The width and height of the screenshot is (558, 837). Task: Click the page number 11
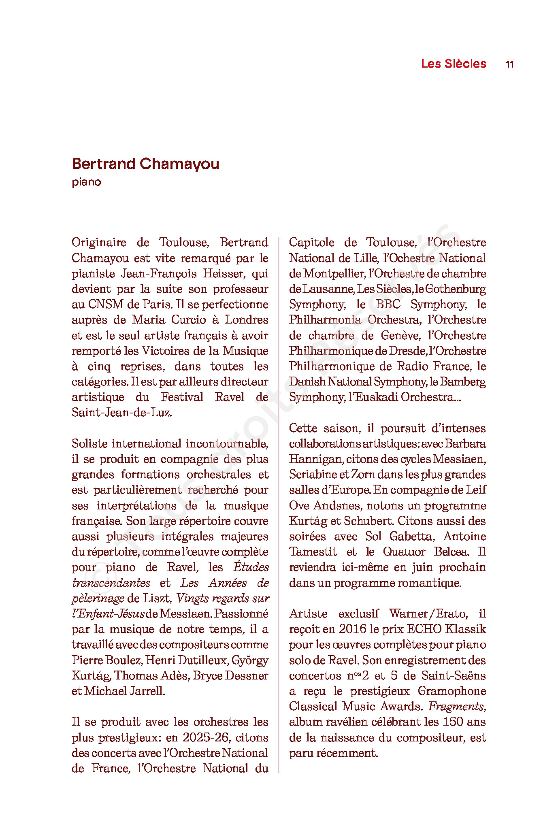(509, 64)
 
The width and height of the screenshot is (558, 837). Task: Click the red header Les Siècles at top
(454, 64)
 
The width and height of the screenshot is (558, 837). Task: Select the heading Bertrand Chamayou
(145, 164)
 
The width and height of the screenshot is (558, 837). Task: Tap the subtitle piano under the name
(86, 182)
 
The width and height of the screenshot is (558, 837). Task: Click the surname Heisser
(221, 274)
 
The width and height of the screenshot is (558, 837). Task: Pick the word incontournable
(227, 443)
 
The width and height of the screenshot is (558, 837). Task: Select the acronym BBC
(388, 305)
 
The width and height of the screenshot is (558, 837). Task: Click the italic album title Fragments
(456, 707)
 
